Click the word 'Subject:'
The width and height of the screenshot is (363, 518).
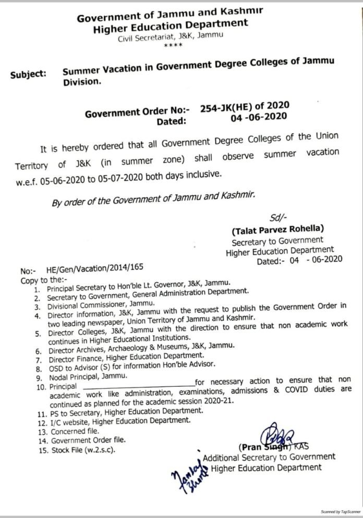click(x=28, y=74)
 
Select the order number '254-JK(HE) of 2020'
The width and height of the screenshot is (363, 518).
click(x=244, y=107)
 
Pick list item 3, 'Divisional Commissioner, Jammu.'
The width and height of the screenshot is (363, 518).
click(x=103, y=307)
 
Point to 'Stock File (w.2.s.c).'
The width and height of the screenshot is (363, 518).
click(x=82, y=449)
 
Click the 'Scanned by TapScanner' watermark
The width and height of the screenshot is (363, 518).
click(x=339, y=512)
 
